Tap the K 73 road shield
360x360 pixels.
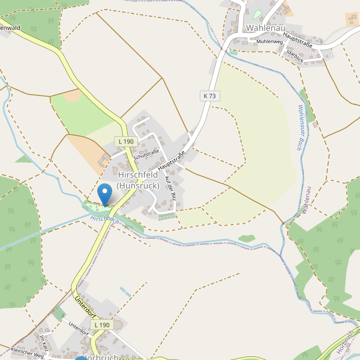[209, 95]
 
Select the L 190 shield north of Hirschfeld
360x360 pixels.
[127, 142]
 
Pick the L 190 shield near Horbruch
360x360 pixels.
[102, 325]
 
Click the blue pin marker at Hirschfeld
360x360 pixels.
[105, 194]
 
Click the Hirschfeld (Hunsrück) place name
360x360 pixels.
[138, 180]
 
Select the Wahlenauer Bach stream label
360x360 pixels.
[301, 128]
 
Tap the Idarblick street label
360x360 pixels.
[295, 55]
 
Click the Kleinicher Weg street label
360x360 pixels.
[28, 353]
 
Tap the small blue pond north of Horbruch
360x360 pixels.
[125, 292]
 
